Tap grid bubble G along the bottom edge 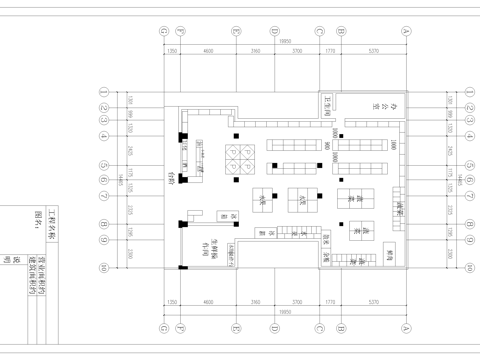(163, 325)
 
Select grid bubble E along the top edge (234, 31)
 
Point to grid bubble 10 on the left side (103, 267)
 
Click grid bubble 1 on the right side (467, 91)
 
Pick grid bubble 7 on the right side (467, 195)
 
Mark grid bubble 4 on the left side (103, 134)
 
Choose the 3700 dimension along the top (297, 49)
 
